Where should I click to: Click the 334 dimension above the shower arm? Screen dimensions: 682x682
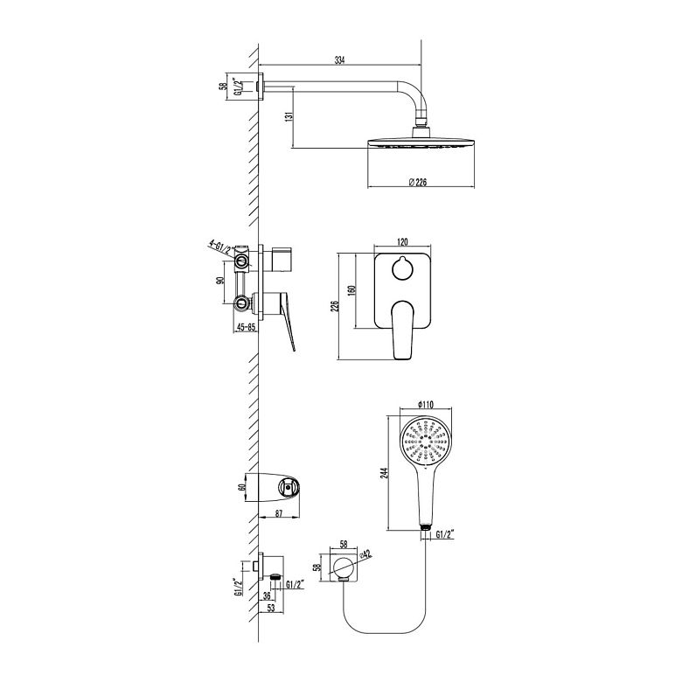tap(339, 60)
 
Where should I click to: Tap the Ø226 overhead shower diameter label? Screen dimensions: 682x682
tap(418, 182)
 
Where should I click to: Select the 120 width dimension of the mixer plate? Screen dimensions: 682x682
tap(402, 242)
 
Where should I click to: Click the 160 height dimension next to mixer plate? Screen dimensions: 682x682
tap(351, 290)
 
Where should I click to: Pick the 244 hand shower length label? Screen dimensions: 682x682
tap(384, 473)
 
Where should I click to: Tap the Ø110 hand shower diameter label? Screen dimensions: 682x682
tap(426, 404)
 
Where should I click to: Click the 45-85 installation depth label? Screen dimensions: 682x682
tap(246, 327)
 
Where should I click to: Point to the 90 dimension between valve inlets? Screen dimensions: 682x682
tap(220, 281)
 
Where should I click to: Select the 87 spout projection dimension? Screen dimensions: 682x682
tap(279, 513)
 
